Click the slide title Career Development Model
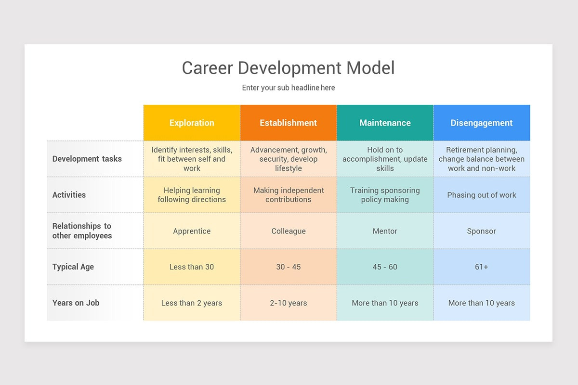pos(288,68)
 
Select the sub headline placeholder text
pos(288,88)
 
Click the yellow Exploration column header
pos(192,123)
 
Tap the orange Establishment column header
pos(289,123)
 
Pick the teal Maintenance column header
pos(385,123)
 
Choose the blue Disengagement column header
pos(482,123)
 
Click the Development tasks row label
pos(87,159)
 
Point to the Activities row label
pos(69,195)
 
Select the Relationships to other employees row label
pos(82,231)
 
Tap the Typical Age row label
pos(73,267)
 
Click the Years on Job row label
pos(76,303)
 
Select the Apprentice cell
pos(192,231)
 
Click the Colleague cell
pos(289,231)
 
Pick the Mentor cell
pos(385,231)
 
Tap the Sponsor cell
pos(482,231)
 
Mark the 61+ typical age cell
pos(482,267)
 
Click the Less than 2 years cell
pos(192,303)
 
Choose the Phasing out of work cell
pos(482,195)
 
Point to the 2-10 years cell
pos(289,303)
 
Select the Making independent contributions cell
pos(289,195)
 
